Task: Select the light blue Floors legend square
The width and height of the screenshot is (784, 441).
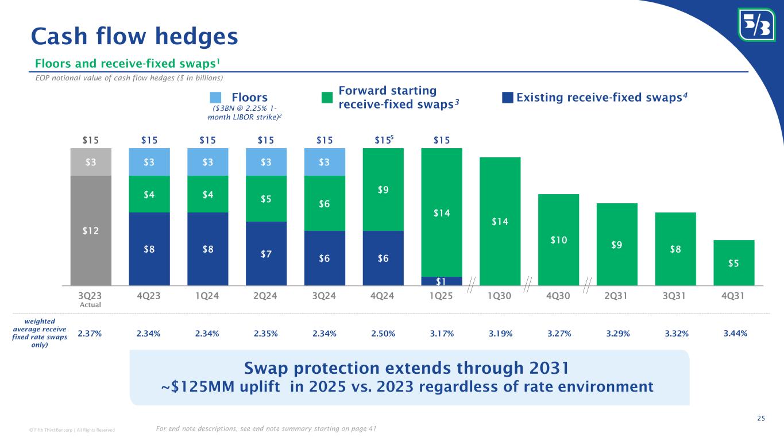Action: pos(215,98)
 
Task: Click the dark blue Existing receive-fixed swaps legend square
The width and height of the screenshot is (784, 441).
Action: pos(507,98)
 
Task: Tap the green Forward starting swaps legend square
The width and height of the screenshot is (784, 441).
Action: pos(327,98)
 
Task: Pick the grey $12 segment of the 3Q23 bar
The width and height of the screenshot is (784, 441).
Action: pos(91,230)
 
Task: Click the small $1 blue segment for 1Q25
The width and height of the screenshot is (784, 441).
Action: pos(442,281)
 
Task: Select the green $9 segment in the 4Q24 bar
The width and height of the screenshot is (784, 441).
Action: pos(383,189)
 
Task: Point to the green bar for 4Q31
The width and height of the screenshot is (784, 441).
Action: pos(733,262)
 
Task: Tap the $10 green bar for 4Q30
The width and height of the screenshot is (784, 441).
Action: pos(558,239)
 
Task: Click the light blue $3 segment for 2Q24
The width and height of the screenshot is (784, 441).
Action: pos(266,162)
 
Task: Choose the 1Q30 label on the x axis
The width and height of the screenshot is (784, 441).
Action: pos(500,296)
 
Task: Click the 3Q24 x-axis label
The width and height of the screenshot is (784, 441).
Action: pos(325,296)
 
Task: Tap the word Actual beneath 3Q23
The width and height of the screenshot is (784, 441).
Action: pos(90,305)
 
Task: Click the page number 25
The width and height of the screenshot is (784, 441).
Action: pos(761,419)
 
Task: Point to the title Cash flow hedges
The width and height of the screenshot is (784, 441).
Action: pos(134,36)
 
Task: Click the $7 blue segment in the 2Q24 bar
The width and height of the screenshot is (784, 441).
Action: pos(266,253)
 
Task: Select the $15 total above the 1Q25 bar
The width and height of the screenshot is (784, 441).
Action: pos(442,140)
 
